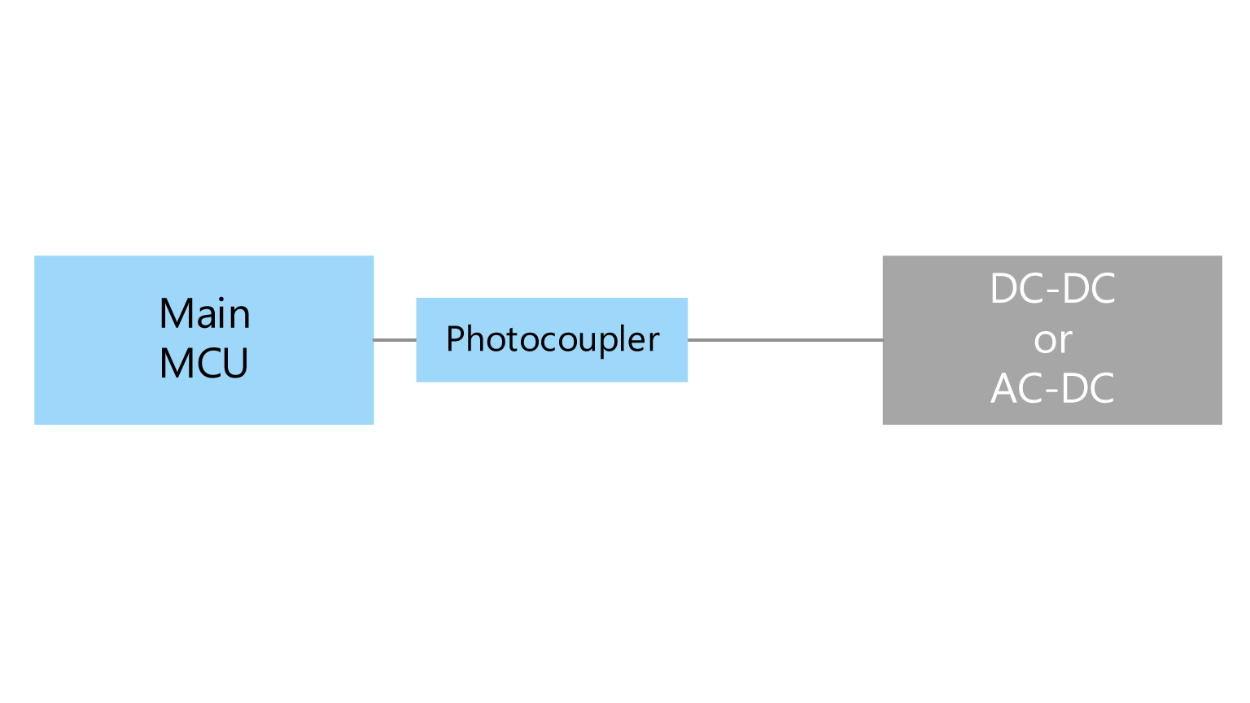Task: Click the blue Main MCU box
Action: pyautogui.click(x=203, y=340)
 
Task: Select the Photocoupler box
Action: pyautogui.click(x=551, y=340)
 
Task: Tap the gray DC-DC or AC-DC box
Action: pyautogui.click(x=1052, y=340)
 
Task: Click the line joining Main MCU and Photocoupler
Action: pyautogui.click(x=395, y=340)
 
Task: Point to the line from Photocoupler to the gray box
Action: pyautogui.click(x=785, y=340)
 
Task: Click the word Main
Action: pyautogui.click(x=204, y=313)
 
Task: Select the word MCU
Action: pyautogui.click(x=203, y=363)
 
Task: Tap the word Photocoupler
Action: pyautogui.click(x=553, y=339)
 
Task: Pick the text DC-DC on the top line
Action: pyautogui.click(x=1052, y=289)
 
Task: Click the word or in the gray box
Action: pyautogui.click(x=1052, y=340)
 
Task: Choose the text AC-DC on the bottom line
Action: pyautogui.click(x=1052, y=388)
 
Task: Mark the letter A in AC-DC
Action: pyautogui.click(x=1004, y=388)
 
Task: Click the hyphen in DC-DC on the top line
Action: pyautogui.click(x=1052, y=290)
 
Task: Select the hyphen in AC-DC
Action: pyautogui.click(x=1052, y=391)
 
